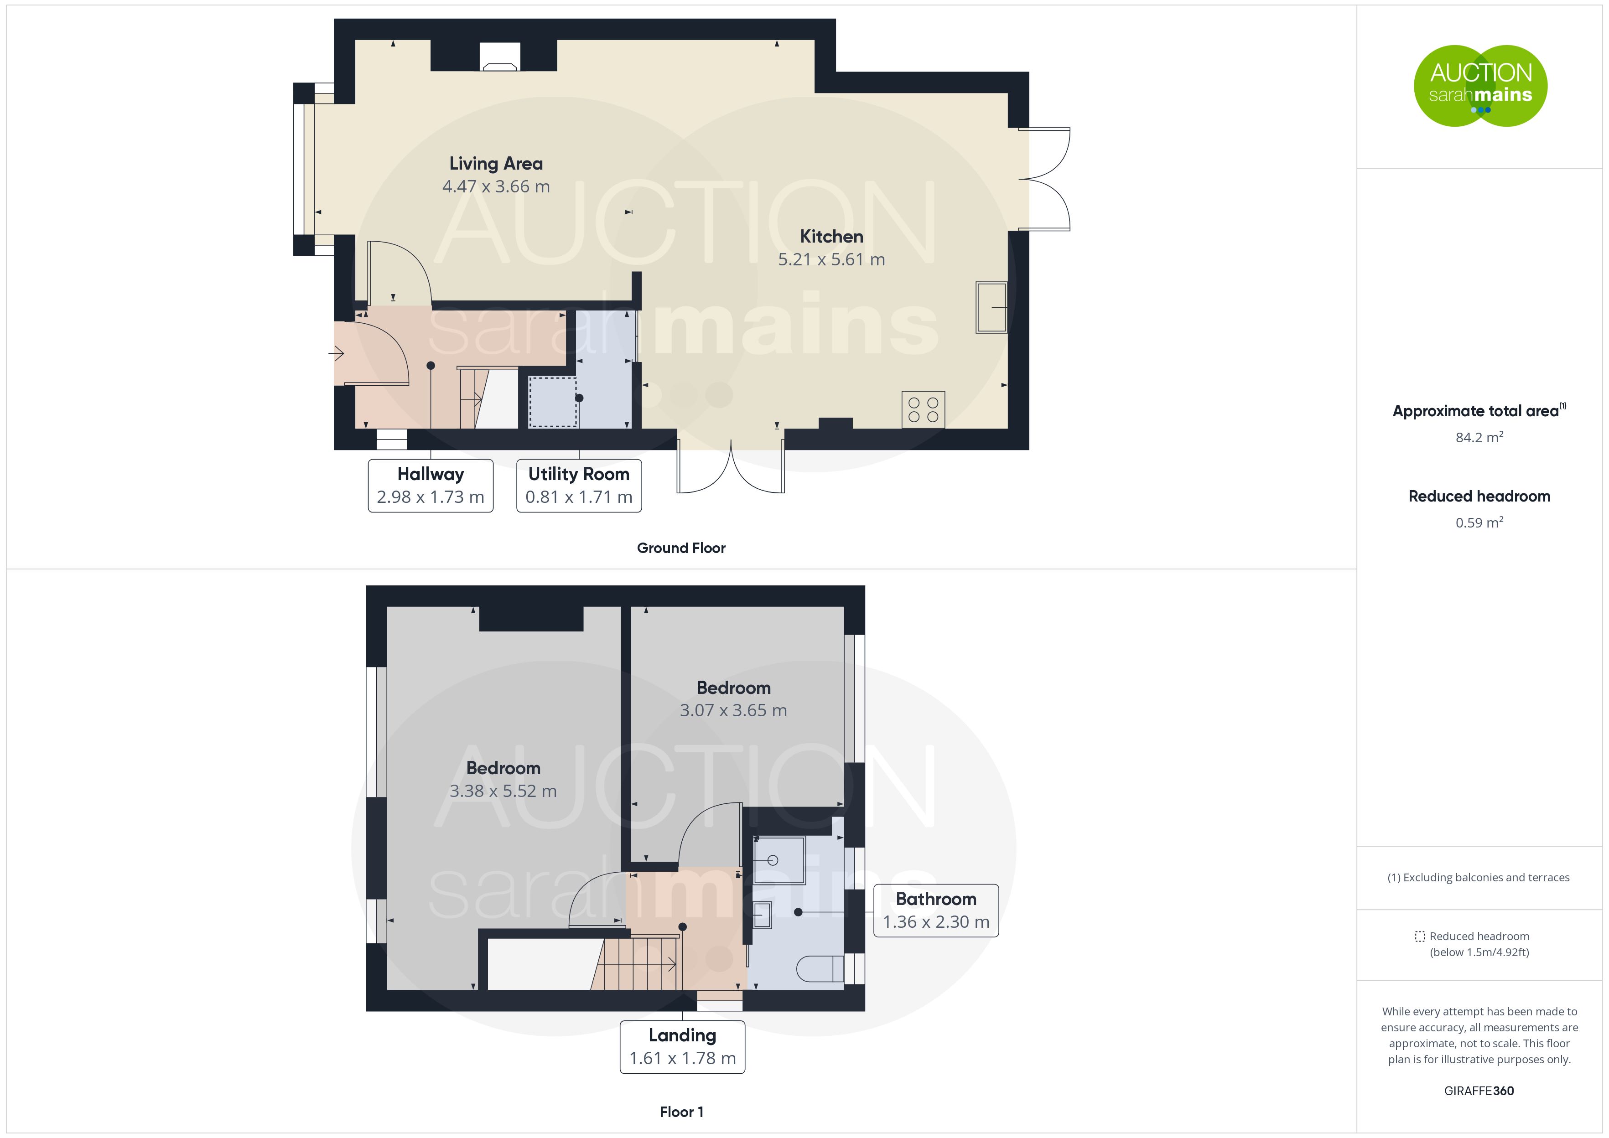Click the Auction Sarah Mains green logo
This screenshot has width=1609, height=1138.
(1480, 86)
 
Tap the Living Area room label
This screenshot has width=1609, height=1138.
(496, 163)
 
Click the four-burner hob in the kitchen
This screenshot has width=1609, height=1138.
(923, 409)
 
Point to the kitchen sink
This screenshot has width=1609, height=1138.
(991, 307)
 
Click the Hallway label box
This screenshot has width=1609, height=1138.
(430, 486)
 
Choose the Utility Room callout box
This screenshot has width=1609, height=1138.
(579, 486)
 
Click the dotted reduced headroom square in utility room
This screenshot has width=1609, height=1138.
(553, 402)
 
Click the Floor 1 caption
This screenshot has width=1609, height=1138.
(681, 1112)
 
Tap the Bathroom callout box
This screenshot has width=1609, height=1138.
(935, 910)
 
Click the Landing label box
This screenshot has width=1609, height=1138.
(682, 1047)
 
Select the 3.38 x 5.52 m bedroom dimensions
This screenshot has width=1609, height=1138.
(503, 791)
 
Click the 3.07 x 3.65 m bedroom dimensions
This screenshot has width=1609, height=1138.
(733, 710)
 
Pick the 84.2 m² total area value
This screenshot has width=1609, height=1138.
(1479, 437)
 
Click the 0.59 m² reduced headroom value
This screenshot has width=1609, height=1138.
(1479, 522)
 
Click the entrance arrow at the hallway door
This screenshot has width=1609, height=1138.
(337, 353)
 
